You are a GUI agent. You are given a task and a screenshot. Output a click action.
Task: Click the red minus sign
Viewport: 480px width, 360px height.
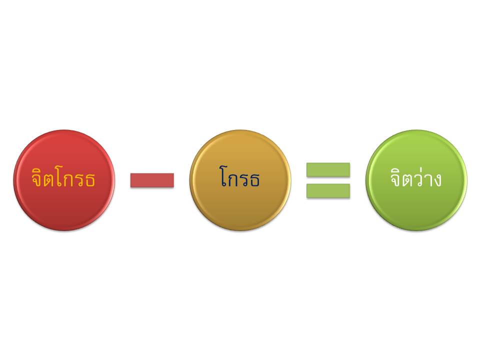pyautogui.click(x=152, y=180)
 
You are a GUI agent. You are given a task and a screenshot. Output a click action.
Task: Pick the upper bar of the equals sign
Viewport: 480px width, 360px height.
pyautogui.click(x=328, y=169)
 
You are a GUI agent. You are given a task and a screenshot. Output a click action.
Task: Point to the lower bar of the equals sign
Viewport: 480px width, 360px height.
pyautogui.click(x=328, y=190)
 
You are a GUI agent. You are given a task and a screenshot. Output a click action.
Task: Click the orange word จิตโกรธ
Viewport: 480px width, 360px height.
pyautogui.click(x=63, y=178)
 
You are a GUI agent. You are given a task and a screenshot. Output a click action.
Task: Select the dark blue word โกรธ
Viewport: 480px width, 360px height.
pyautogui.click(x=240, y=178)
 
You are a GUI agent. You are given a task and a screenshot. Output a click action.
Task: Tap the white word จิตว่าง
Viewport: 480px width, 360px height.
pyautogui.click(x=416, y=178)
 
